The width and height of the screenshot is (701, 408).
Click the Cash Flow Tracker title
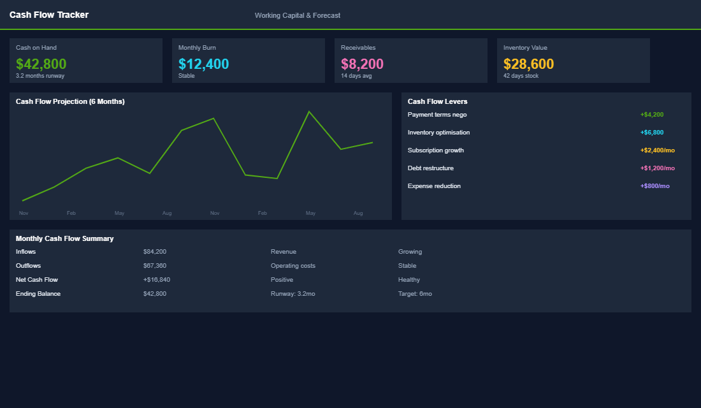tap(49, 15)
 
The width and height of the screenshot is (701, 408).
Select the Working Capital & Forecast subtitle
tap(297, 15)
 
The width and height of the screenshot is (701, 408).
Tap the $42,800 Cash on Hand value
tap(41, 64)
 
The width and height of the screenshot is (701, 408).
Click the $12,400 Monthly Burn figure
tap(203, 64)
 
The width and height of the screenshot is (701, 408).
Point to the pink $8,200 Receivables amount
tap(362, 64)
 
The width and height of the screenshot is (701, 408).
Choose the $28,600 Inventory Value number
tap(528, 64)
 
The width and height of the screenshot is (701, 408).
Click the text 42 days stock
tap(521, 76)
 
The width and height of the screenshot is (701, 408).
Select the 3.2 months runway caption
tap(40, 76)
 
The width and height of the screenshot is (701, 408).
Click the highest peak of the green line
tap(309, 112)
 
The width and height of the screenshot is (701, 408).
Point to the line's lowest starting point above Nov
tap(23, 201)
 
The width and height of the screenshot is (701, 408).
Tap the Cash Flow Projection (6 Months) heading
tap(70, 101)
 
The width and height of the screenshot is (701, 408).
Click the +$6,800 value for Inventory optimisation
tap(652, 133)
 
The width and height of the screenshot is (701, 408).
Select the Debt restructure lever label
tap(431, 168)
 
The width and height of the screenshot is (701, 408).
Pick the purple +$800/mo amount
tap(655, 186)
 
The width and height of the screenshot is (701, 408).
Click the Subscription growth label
tap(436, 150)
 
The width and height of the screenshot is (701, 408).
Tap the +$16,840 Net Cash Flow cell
tap(157, 280)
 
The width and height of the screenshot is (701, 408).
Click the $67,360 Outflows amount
tap(155, 266)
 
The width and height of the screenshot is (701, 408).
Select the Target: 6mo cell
tap(415, 294)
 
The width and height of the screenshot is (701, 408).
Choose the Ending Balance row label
tap(38, 294)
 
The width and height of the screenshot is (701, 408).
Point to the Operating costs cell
tap(293, 266)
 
